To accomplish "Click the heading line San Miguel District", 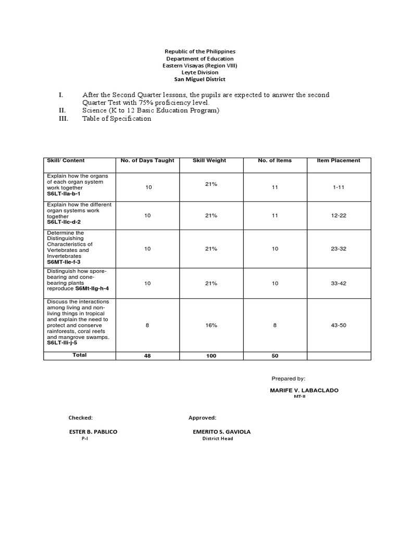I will (200, 79).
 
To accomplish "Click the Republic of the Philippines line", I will (200, 52).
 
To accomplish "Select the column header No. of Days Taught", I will (147, 160).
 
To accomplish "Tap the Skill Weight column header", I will (209, 160).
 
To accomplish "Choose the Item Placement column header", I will (339, 160).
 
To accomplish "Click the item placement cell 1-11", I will (339, 187).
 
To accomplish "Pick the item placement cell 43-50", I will (339, 325).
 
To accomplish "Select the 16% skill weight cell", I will (211, 325).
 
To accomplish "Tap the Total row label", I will (80, 355).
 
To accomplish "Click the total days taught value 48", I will (147, 356).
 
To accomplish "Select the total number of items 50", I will (275, 356).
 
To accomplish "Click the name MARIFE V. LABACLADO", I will (304, 390).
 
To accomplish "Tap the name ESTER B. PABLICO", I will (93, 432).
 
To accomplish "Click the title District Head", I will (217, 439).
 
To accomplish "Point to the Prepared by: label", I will (289, 378).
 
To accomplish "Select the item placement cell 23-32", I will (339, 249).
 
